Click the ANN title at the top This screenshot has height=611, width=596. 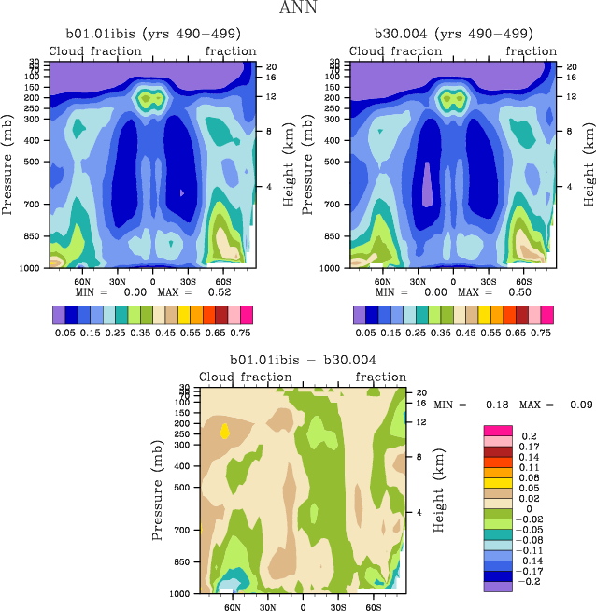(298, 8)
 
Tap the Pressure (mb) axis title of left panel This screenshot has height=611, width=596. (8, 163)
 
